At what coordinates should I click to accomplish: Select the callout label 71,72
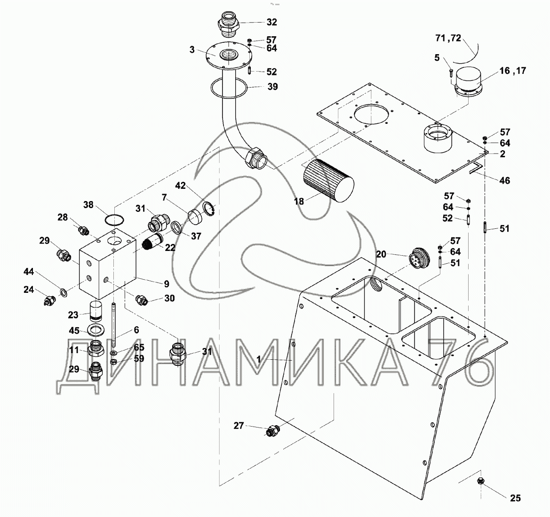pos(448,38)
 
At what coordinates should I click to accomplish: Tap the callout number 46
pos(504,180)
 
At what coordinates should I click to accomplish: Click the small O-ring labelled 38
pos(114,220)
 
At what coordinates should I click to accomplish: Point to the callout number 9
pos(166,284)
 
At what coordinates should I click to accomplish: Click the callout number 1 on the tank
pos(258,359)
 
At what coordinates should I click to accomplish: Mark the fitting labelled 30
pos(140,299)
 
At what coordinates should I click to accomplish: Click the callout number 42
pos(180,186)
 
